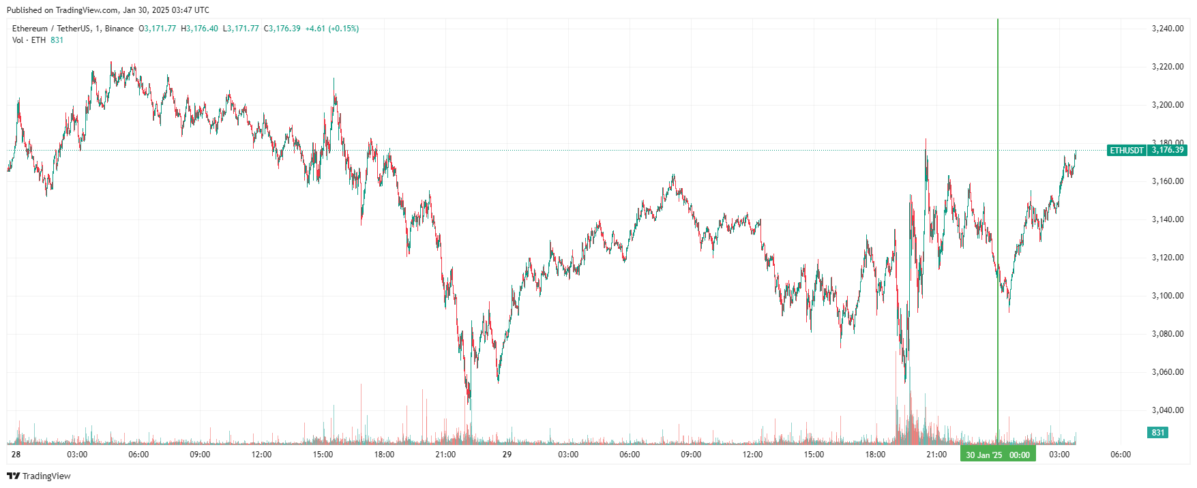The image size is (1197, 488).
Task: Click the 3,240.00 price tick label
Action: click(x=1167, y=29)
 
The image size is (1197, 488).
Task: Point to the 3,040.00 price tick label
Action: click(x=1167, y=410)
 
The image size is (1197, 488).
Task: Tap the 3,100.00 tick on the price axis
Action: click(x=1167, y=296)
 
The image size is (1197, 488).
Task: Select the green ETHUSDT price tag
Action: click(x=1126, y=151)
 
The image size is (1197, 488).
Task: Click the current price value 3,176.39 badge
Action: click(x=1168, y=151)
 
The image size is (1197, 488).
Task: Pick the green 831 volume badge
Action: click(x=1158, y=433)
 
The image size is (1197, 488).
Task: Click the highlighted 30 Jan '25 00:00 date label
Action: click(x=998, y=455)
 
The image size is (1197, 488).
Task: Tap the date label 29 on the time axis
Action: click(x=507, y=455)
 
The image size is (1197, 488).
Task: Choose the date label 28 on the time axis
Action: click(x=16, y=455)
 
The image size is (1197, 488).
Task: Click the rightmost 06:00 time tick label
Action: click(x=1121, y=455)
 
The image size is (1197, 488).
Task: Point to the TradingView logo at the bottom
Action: click(x=39, y=476)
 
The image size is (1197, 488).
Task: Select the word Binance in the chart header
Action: click(x=119, y=29)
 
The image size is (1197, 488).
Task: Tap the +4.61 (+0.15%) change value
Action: click(x=331, y=29)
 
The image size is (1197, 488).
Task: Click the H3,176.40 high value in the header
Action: click(x=199, y=29)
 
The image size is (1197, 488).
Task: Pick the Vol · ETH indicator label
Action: click(x=29, y=40)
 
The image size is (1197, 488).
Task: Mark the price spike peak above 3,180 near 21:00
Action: click(x=926, y=140)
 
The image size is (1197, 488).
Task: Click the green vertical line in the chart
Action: click(x=998, y=204)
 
